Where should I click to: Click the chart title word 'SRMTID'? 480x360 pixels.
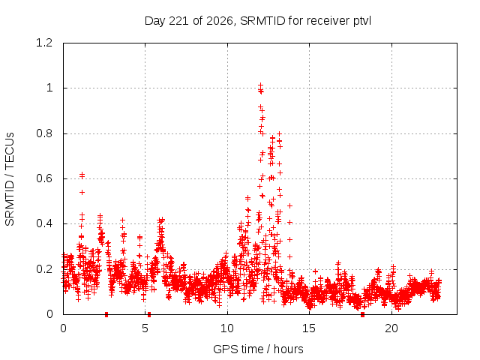[262, 21]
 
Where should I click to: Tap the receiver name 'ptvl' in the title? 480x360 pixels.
[362, 22]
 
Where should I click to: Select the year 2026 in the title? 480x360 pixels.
[219, 21]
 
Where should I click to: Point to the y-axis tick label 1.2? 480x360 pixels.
[44, 43]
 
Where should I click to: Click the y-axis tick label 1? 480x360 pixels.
[49, 88]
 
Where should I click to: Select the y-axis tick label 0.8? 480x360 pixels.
[44, 133]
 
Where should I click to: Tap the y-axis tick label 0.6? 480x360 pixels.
[44, 178]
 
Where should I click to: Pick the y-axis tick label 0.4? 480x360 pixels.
[44, 223]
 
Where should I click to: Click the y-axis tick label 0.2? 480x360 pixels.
[44, 269]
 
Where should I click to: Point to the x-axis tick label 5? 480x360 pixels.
[145, 328]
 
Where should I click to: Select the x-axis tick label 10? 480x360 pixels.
[227, 328]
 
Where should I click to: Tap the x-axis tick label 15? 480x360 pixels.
[309, 328]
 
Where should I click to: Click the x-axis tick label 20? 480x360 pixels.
[391, 328]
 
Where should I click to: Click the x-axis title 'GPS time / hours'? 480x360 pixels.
[258, 349]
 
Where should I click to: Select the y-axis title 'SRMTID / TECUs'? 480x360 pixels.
[10, 179]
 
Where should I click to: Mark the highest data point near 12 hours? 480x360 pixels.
[260, 85]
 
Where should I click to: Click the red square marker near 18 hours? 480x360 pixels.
[362, 314]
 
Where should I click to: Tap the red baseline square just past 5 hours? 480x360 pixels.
[149, 314]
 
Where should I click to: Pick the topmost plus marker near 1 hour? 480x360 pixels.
[82, 175]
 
